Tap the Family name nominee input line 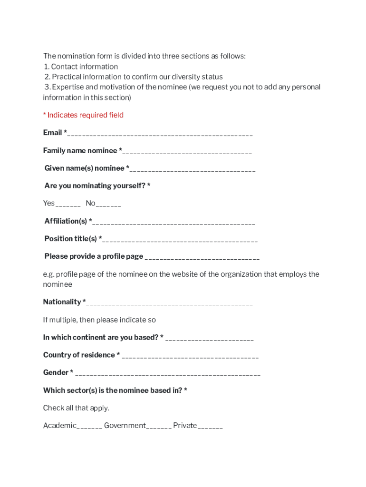(x=187, y=152)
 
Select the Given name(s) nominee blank (x=193, y=169)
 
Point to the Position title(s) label (x=71, y=239)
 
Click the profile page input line (x=202, y=258)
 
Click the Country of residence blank (x=190, y=356)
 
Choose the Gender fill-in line (x=167, y=374)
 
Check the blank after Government (x=159, y=427)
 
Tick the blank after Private (x=210, y=427)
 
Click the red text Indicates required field (x=83, y=115)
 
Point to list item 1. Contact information (x=81, y=67)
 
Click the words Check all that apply (x=76, y=408)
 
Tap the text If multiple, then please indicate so (x=99, y=320)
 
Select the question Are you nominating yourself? (x=97, y=186)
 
